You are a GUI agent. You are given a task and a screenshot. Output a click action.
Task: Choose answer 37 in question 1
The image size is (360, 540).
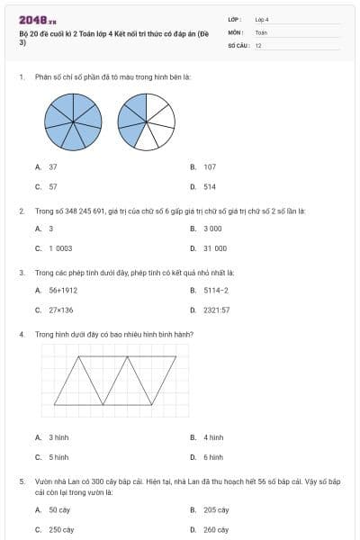[53, 166]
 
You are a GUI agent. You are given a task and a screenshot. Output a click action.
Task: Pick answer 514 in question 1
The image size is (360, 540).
[209, 186]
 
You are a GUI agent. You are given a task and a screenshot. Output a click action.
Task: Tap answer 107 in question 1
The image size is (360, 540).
[209, 166]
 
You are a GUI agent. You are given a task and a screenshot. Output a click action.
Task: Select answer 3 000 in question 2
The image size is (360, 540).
[211, 229]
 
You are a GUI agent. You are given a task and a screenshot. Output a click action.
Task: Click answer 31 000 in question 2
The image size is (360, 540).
[214, 248]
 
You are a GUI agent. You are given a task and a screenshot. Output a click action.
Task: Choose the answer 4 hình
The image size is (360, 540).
[212, 437]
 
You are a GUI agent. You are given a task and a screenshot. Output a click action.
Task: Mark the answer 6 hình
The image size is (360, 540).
[212, 456]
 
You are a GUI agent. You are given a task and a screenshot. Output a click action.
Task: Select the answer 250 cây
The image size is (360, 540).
[61, 530]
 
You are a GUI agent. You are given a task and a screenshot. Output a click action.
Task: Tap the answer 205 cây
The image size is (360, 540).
[215, 509]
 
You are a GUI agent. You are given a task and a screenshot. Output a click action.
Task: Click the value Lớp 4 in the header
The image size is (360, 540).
[262, 18]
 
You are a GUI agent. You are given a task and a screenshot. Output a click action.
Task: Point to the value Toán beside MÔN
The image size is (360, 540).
[261, 31]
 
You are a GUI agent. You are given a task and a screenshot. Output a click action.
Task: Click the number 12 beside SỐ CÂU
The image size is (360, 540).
[258, 44]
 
